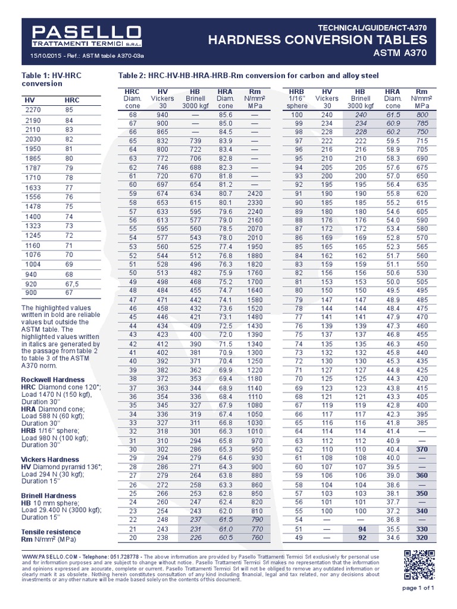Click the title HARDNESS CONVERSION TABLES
(317, 40)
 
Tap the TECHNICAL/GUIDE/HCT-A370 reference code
(373, 27)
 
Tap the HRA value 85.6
(225, 114)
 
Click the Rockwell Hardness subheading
(53, 379)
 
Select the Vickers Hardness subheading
(50, 460)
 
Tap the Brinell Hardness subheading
(49, 495)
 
